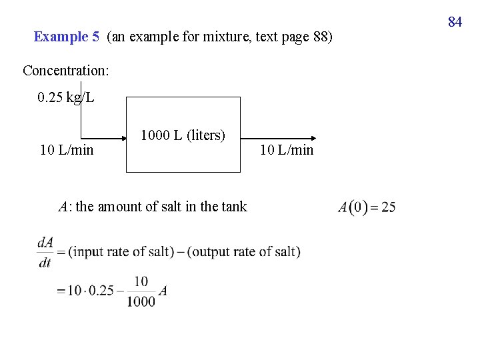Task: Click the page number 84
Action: pos(455,22)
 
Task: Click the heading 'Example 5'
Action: pos(66,37)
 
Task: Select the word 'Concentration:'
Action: pos(66,70)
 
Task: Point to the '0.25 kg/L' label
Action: pos(66,98)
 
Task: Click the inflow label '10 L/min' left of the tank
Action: pos(67,150)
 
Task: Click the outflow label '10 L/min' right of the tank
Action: pos(287,150)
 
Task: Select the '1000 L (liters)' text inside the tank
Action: pos(183,135)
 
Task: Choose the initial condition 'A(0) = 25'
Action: pos(367,207)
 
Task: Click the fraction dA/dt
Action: pos(45,252)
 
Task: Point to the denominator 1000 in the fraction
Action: pos(141,301)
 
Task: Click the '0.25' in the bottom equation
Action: pos(101,291)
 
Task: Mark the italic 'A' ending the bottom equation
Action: pos(163,291)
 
